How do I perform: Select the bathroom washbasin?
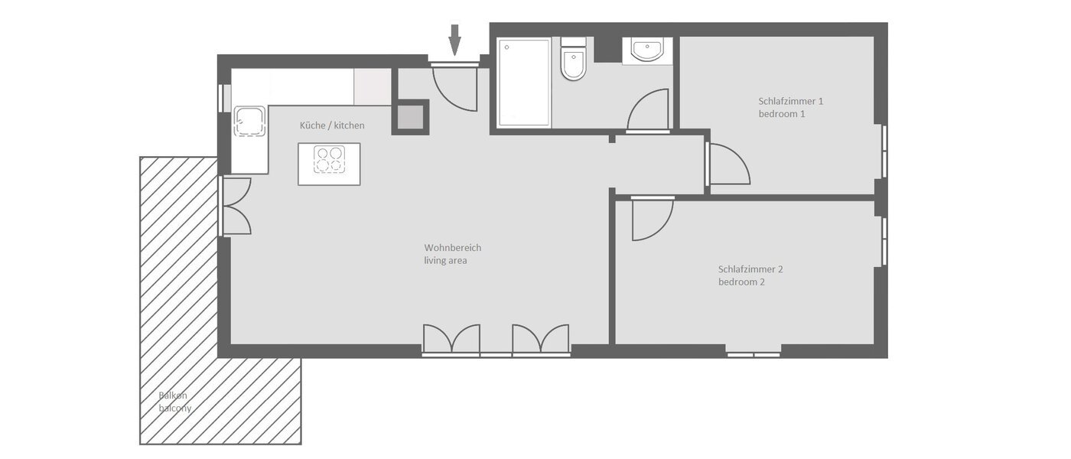pos(646,50)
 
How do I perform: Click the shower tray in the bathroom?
pos(524,83)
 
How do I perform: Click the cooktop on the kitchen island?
pos(329,160)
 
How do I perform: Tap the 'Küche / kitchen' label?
pos(332,125)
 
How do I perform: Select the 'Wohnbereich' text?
pos(453,248)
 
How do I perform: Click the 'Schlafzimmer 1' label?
pos(791,101)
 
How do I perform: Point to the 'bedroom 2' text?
pos(741,282)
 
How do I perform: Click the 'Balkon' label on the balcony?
pos(173,396)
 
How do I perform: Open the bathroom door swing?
pos(649,112)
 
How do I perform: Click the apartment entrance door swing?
pos(454,86)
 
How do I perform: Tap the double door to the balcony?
pos(236,206)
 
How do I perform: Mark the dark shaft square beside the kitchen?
pos(411,117)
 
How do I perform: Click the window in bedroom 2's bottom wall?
pos(754,354)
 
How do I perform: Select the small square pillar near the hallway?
pos(612,139)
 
